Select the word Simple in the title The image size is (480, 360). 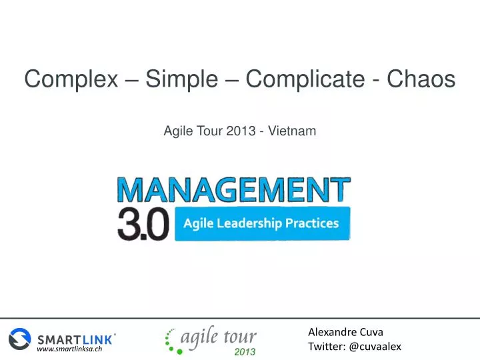point(181,80)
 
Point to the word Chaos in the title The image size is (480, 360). point(423,80)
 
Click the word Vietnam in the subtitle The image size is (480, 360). point(293,131)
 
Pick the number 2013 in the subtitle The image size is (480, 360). point(241,131)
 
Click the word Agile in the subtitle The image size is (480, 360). point(177,131)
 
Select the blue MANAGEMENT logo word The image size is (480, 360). point(233,190)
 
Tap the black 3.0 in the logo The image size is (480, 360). point(143,225)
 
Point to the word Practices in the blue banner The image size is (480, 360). point(312,223)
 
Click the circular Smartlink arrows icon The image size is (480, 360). point(20,337)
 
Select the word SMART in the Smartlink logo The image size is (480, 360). point(59,339)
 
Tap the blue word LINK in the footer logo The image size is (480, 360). point(97,339)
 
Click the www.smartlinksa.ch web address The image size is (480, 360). point(69,349)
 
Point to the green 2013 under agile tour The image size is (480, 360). point(245,351)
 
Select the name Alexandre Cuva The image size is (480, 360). point(345,332)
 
